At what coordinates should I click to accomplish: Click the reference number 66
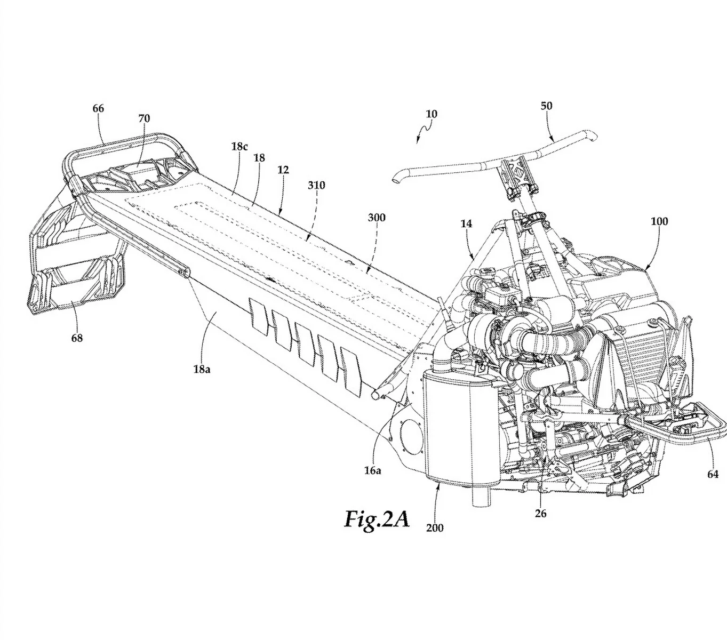point(98,108)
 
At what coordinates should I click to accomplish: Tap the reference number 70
point(144,118)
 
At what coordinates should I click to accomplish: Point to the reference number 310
point(316,185)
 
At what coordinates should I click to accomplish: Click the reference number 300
point(377,218)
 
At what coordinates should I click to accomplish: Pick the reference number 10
point(432,114)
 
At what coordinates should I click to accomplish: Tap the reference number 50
point(546,106)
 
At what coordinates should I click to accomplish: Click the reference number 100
point(659,221)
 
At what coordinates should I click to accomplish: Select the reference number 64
point(713,474)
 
